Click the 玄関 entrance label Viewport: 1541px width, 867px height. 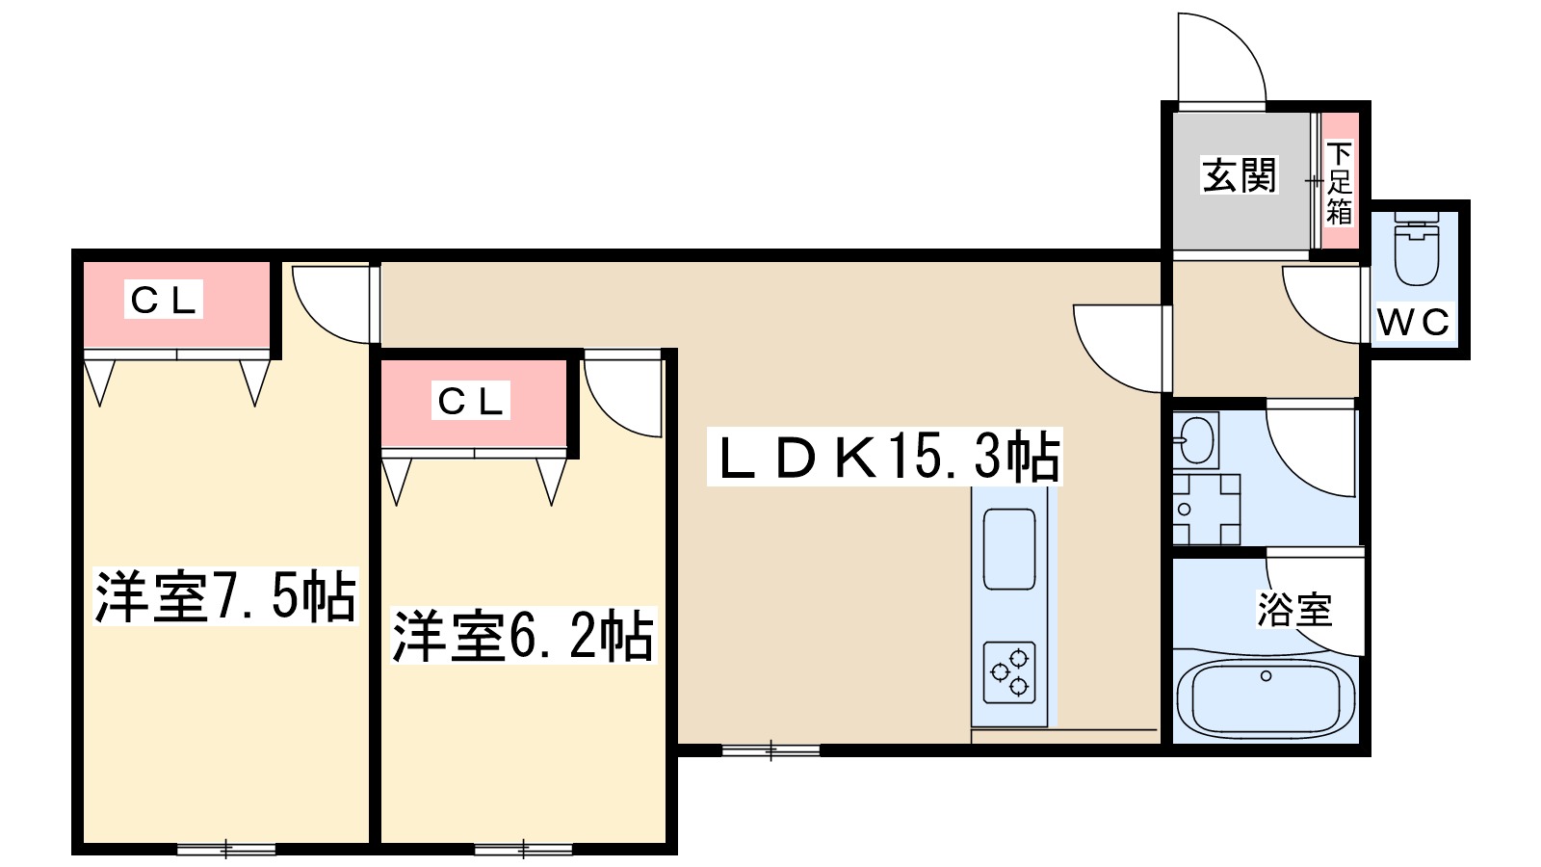[1239, 176]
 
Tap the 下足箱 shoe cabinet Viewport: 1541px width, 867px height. [1339, 181]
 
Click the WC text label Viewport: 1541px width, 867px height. [1413, 323]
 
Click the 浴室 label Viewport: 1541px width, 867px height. [1294, 610]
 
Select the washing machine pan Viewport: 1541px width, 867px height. [1206, 510]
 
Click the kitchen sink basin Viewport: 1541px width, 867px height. [1009, 548]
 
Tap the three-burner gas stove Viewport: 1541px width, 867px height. [1009, 672]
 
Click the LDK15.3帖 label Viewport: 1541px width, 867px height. [886, 458]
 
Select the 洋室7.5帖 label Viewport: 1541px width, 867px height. [225, 596]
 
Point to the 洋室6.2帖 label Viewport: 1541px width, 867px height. [523, 636]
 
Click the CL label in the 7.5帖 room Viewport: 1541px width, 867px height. [164, 301]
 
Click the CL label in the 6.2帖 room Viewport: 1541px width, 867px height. [471, 401]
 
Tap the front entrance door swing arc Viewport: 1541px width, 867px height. [1219, 58]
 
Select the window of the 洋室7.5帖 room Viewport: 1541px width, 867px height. [226, 849]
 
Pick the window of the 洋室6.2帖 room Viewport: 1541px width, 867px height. [524, 849]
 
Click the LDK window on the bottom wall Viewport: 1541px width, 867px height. [770, 749]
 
